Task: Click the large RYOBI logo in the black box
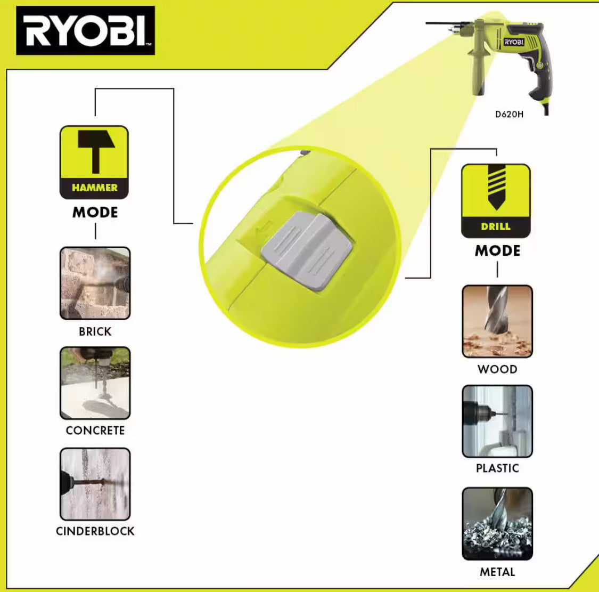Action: (86, 30)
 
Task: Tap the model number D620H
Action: (509, 115)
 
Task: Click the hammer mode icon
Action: (94, 162)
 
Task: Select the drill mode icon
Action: (496, 201)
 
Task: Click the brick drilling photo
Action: (95, 283)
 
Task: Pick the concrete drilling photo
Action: (95, 383)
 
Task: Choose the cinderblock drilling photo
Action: (95, 484)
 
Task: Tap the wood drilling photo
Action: (497, 321)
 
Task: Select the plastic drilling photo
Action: (497, 421)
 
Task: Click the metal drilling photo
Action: (497, 524)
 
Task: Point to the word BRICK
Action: (95, 331)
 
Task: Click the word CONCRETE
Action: (95, 431)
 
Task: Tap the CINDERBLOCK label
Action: (95, 531)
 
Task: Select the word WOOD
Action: (497, 369)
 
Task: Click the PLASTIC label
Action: (497, 468)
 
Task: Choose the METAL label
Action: (497, 572)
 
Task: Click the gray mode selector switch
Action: (307, 250)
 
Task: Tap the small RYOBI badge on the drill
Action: (514, 42)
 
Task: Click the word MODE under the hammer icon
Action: (95, 213)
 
